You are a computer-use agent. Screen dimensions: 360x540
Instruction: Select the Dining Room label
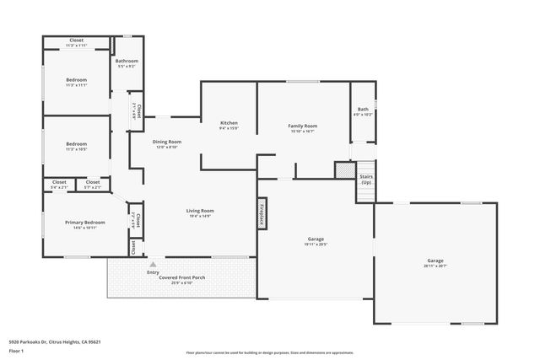pos(167,142)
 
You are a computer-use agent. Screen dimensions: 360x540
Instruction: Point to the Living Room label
pos(200,211)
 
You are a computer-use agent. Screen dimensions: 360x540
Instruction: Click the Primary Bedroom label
pos(84,223)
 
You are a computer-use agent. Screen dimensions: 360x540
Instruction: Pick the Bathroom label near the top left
pos(127,61)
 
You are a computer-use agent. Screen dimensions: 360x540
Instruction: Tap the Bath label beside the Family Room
pos(363,109)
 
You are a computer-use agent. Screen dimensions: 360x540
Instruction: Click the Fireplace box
pos(262,212)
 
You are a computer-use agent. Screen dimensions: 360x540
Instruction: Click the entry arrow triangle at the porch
pos(153,264)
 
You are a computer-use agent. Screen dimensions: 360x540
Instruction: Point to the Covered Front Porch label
pos(182,277)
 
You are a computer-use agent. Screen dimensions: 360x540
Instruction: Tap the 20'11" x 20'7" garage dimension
pos(435,266)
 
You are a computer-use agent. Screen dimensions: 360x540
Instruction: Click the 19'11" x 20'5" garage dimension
pos(315,244)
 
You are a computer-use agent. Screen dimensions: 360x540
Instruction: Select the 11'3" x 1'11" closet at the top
pos(76,46)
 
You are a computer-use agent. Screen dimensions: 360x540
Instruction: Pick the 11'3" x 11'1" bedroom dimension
pos(76,85)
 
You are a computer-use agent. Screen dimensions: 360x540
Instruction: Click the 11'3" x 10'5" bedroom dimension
pos(76,149)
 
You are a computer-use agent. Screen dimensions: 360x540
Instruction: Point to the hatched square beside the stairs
pos(343,169)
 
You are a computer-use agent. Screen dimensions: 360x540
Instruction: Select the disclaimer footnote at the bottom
pos(270,352)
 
